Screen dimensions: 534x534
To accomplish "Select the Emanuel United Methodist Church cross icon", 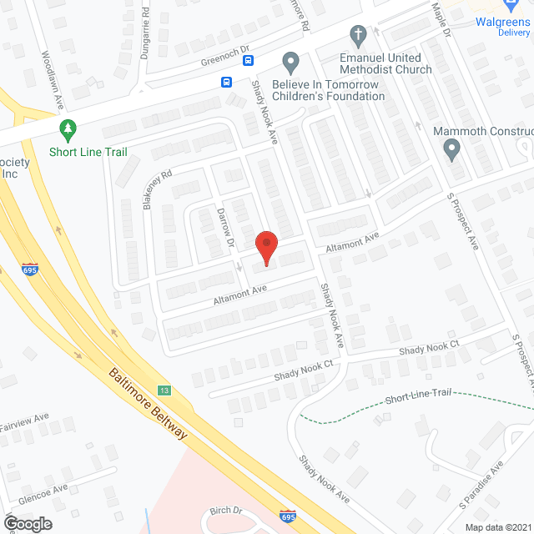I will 359,36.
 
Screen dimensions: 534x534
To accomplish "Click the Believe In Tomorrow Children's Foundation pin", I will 290,62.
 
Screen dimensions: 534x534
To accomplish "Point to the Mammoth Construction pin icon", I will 451,150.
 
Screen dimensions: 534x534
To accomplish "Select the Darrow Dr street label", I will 224,229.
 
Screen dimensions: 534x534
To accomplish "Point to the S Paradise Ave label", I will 481,484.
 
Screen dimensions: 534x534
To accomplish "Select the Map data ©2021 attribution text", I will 497,526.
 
